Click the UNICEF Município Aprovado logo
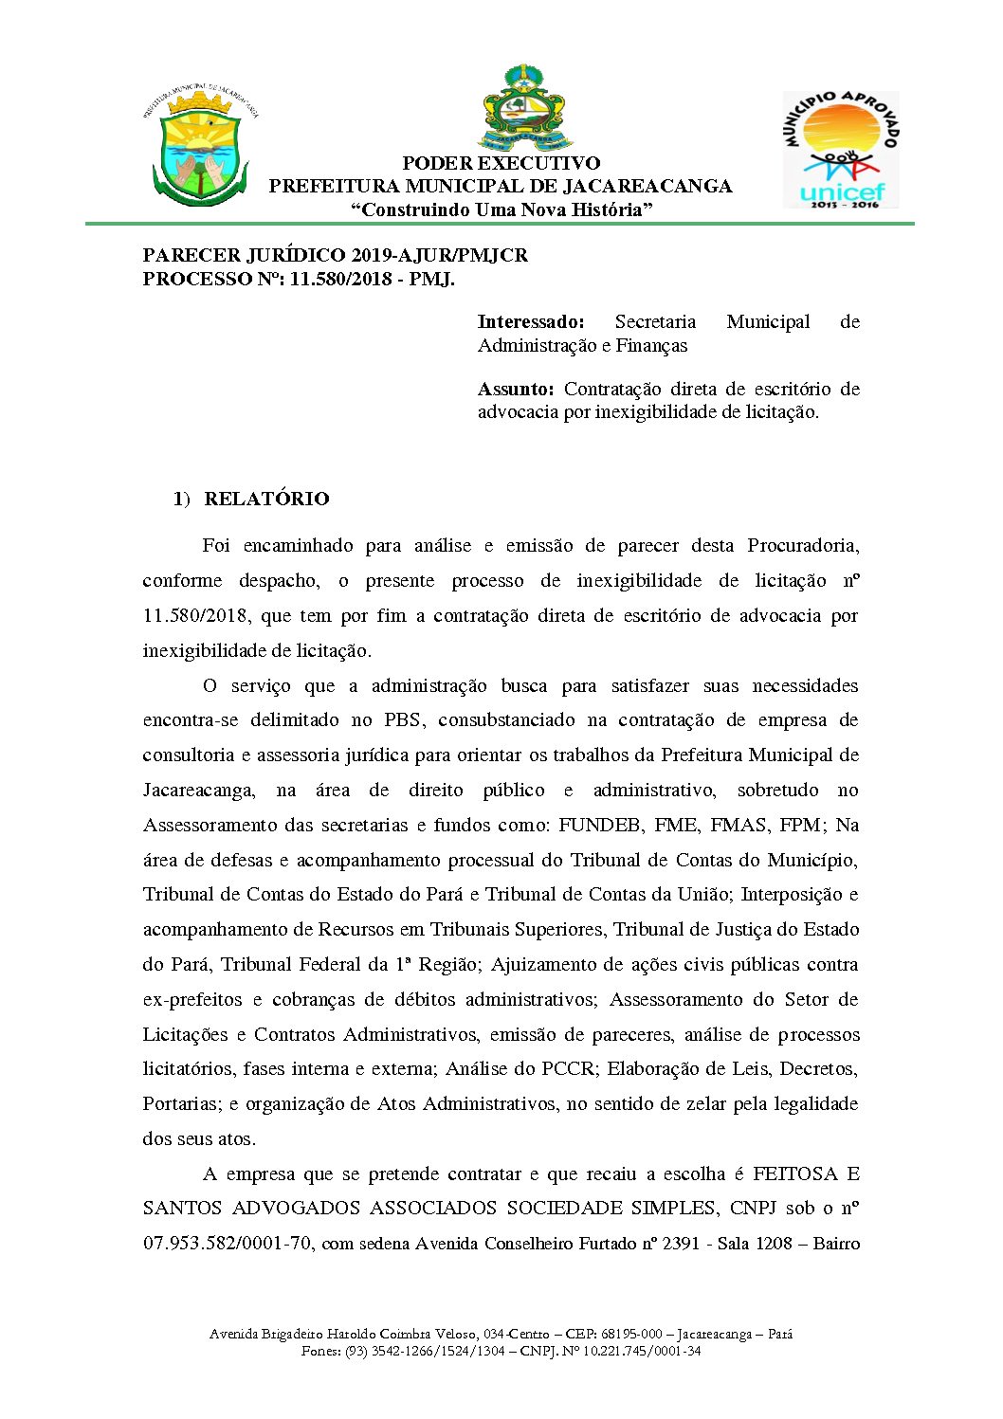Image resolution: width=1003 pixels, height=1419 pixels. pos(841,150)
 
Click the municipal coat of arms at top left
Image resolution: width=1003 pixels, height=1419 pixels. pos(200,147)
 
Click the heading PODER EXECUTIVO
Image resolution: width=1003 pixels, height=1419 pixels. pos(501,163)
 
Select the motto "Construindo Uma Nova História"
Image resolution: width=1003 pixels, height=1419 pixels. pos(501,209)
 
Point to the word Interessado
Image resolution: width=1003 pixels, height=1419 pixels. pos(531,322)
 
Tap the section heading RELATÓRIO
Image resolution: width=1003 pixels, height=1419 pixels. pos(266,499)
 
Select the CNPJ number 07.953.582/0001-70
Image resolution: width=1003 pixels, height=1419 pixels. pos(228,1244)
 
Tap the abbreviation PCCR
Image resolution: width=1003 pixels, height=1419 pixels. pos(569,1069)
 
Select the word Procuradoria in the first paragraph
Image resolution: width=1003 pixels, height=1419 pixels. pos(802,546)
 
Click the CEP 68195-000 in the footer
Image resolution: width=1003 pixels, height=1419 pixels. pos(631,1335)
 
